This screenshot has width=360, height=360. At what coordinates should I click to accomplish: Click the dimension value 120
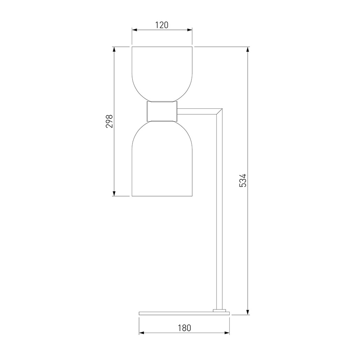(162, 25)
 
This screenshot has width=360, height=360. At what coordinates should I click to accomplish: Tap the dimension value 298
(109, 121)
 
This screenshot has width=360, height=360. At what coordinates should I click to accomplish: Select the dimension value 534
(243, 180)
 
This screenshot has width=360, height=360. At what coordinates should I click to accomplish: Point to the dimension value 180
(184, 328)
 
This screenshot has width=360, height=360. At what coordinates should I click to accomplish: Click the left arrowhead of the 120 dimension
(134, 30)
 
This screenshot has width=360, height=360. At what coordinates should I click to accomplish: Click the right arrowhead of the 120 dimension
(190, 30)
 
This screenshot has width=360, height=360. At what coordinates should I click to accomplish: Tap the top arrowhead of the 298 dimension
(114, 49)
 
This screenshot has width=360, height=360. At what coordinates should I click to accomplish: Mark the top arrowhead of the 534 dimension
(248, 49)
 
